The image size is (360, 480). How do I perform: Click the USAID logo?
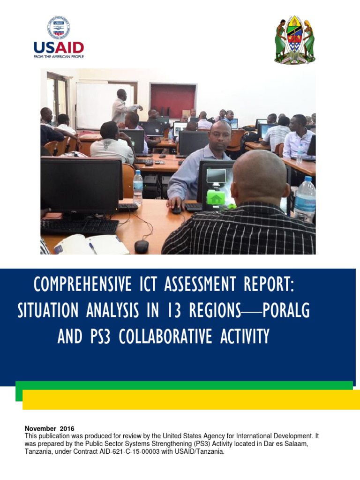(x=58, y=37)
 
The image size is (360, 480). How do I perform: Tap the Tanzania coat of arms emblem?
(x=294, y=40)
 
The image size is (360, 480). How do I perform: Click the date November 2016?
(x=49, y=428)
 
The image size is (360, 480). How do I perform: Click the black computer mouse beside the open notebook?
(x=142, y=246)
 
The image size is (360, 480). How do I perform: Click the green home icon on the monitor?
(x=216, y=197)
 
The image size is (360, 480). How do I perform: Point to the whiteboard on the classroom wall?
(x=97, y=105)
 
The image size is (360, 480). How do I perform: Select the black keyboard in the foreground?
(x=80, y=226)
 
